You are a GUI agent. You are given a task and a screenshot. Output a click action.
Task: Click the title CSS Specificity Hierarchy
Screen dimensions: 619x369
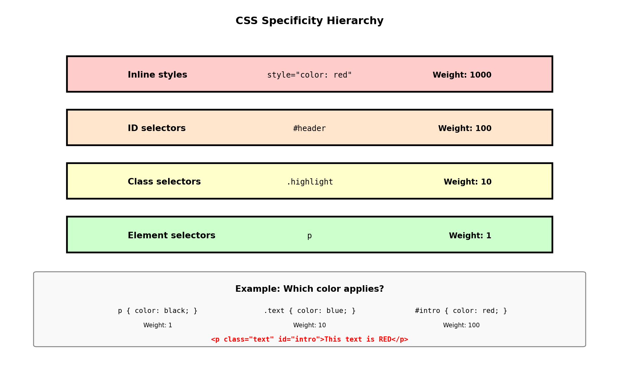click(309, 21)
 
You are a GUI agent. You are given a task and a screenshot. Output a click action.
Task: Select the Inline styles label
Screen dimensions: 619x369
click(157, 75)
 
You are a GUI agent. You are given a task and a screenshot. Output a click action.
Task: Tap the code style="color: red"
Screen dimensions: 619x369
click(309, 75)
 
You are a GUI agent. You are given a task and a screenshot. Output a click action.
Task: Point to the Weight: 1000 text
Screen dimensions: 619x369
click(462, 75)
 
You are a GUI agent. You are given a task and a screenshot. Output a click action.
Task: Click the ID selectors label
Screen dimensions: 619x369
click(157, 128)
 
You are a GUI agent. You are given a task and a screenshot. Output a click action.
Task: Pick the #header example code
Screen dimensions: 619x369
click(309, 128)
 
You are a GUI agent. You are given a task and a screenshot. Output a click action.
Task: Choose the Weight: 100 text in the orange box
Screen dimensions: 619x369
click(465, 128)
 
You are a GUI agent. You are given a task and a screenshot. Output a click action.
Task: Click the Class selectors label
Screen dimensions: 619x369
click(164, 182)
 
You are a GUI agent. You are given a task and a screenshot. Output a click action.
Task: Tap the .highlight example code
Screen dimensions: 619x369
click(309, 182)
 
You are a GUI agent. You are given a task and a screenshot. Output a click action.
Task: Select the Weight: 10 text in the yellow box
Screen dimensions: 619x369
click(468, 182)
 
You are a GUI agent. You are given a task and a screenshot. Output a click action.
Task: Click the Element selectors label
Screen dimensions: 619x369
click(172, 235)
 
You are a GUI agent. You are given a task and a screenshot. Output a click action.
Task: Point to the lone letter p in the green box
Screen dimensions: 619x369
click(309, 236)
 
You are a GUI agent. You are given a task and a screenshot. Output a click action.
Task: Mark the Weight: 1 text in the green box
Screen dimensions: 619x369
click(470, 235)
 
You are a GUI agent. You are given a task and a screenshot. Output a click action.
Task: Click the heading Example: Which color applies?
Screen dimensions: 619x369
click(309, 289)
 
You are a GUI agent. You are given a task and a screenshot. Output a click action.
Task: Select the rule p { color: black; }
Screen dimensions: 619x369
click(158, 311)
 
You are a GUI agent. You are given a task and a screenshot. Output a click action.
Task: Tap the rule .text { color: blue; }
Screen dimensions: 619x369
click(309, 311)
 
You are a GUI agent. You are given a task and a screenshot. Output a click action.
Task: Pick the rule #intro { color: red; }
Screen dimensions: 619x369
click(461, 311)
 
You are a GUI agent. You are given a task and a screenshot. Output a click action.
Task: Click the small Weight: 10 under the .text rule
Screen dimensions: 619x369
click(309, 325)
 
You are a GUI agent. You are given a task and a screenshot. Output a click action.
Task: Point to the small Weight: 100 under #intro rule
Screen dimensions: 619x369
click(461, 325)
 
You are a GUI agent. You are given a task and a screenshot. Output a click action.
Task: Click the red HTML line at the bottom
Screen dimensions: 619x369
click(309, 339)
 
